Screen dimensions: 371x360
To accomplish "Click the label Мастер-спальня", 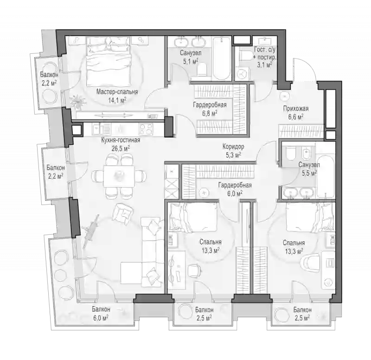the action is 117,92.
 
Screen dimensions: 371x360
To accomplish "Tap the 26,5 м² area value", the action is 121,148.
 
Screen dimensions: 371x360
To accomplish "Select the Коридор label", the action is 233,147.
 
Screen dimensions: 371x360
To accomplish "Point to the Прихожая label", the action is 296,109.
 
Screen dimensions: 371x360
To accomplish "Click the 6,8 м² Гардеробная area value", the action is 210,113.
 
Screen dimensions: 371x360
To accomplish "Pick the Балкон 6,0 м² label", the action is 101,313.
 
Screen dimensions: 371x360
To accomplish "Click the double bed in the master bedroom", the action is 109,64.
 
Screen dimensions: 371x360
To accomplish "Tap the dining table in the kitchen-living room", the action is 119,176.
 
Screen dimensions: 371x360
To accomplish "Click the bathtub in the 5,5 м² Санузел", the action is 326,177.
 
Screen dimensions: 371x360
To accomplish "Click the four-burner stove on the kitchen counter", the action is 146,129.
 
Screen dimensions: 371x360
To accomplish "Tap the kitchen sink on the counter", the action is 99,129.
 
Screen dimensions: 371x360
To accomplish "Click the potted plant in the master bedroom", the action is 78,101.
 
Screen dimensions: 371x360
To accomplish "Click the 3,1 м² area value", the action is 264,64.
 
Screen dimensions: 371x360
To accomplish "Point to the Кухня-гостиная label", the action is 121,140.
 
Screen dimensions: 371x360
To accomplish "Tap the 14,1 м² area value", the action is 117,100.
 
